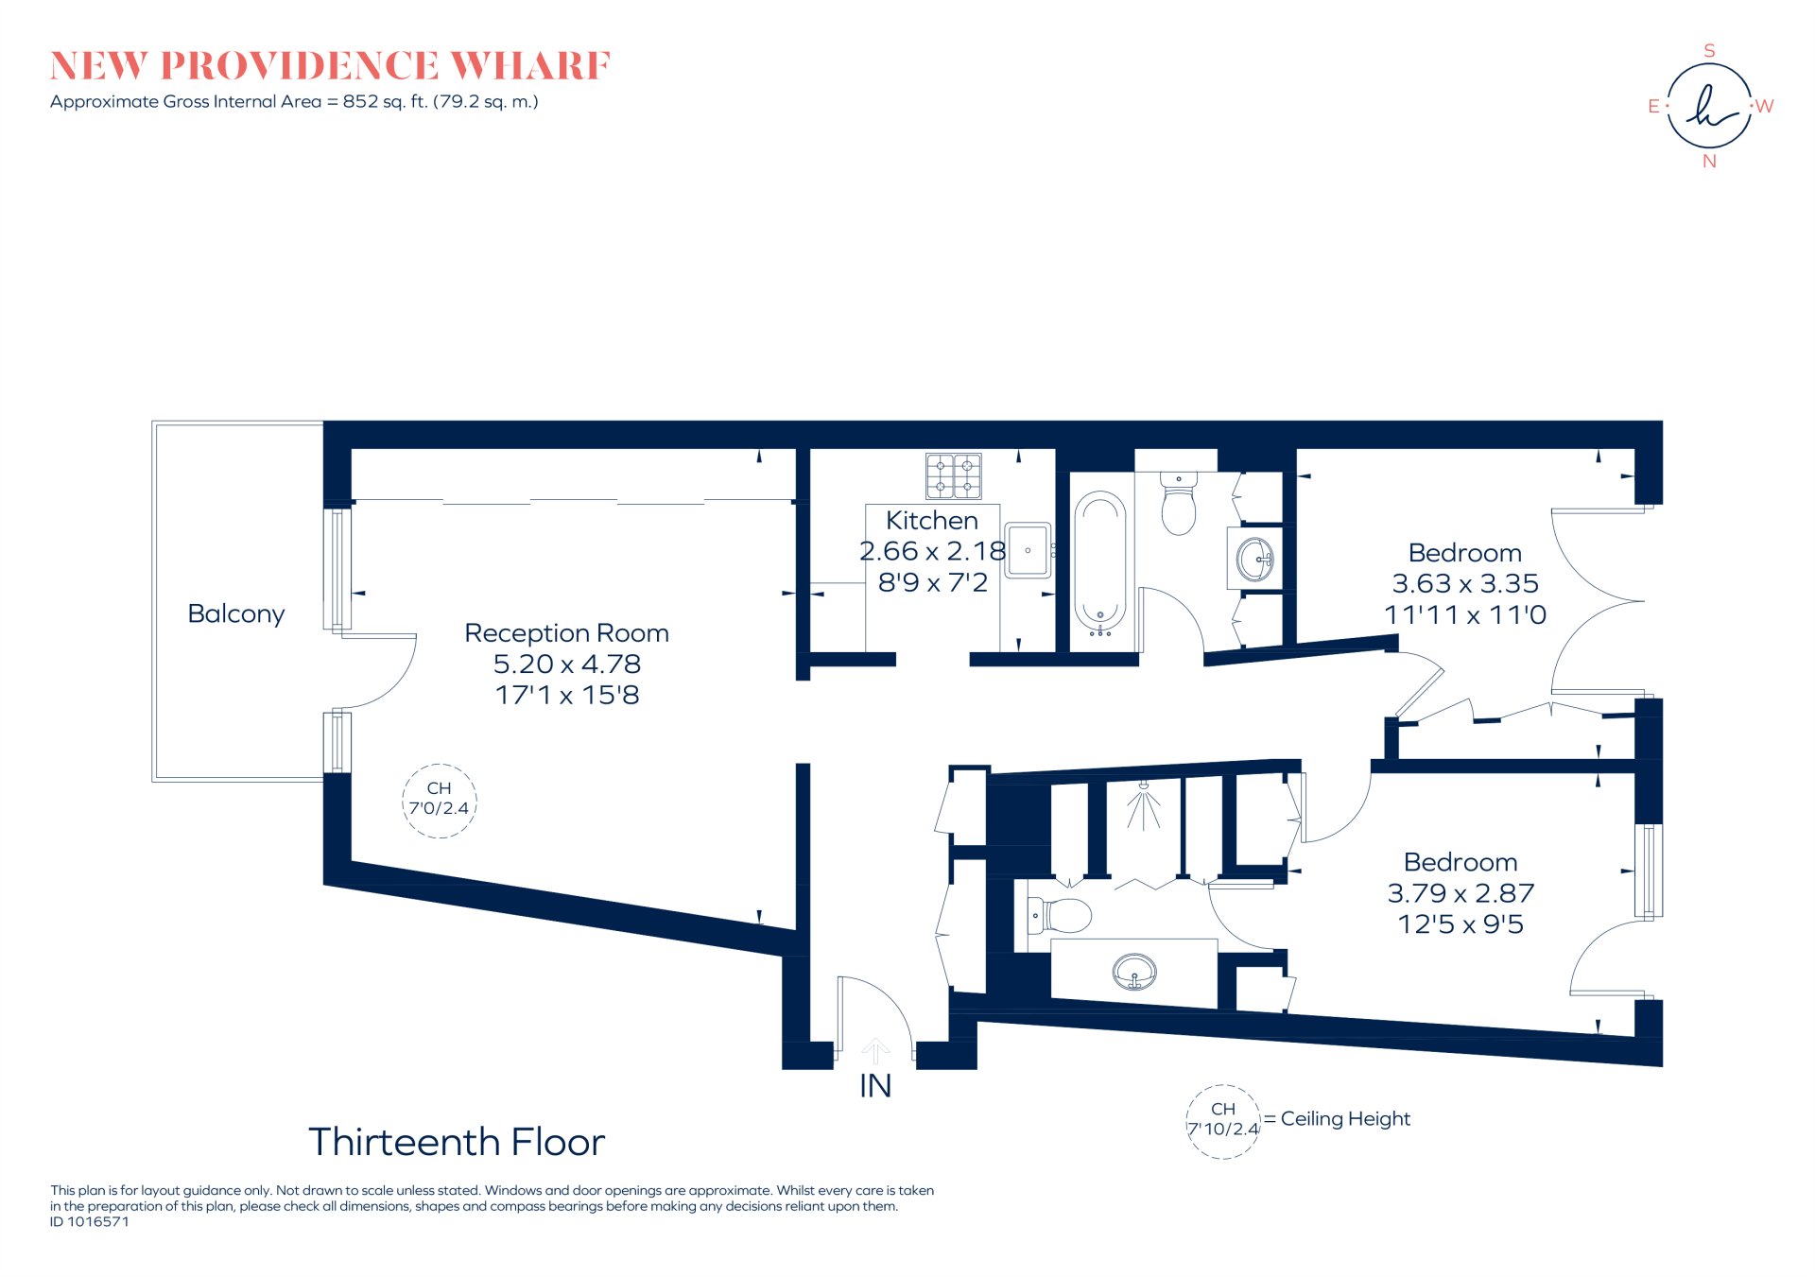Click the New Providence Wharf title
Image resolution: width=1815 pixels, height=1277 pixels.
click(x=330, y=66)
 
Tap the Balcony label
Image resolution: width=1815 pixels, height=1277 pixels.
click(x=236, y=613)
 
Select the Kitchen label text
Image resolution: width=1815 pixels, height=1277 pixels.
click(x=931, y=520)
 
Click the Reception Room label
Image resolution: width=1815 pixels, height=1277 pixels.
click(x=566, y=632)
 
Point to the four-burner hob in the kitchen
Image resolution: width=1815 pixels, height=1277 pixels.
click(x=953, y=475)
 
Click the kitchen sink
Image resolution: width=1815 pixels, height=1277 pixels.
click(x=1028, y=549)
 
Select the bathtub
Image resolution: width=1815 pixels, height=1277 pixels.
click(x=1100, y=562)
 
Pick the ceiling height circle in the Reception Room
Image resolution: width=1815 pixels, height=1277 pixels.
click(x=439, y=800)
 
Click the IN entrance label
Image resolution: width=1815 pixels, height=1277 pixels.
click(x=875, y=1086)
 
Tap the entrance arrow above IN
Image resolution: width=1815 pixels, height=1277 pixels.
click(x=875, y=1050)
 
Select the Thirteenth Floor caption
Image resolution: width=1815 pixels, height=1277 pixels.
click(x=457, y=1142)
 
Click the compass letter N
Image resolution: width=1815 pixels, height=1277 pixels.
click(x=1709, y=162)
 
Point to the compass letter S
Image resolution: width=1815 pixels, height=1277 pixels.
click(x=1709, y=51)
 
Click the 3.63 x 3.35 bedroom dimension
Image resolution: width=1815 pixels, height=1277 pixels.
click(x=1464, y=583)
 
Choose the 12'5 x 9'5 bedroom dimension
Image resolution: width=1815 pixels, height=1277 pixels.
click(x=1461, y=923)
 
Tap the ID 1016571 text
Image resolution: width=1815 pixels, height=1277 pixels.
click(x=90, y=1221)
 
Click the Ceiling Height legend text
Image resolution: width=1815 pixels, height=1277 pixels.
click(x=1345, y=1119)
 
